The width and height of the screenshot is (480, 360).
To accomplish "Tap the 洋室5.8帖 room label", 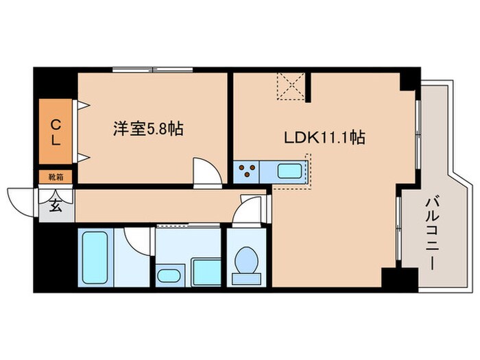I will click(148, 128).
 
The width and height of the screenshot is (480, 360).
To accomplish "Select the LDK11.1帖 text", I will click(324, 137).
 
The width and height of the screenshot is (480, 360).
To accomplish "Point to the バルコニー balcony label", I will click(432, 232).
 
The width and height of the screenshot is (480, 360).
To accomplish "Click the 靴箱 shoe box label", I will click(56, 177).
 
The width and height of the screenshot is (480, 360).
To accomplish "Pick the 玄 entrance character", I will click(55, 204).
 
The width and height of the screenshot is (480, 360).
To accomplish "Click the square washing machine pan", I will click(205, 272).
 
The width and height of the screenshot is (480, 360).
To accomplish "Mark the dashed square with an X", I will click(291, 86).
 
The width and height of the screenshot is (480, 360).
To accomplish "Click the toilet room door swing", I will click(245, 208).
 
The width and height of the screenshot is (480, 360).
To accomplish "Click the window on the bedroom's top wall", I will click(152, 69).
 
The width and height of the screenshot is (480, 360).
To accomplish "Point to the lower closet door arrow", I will click(83, 158).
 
